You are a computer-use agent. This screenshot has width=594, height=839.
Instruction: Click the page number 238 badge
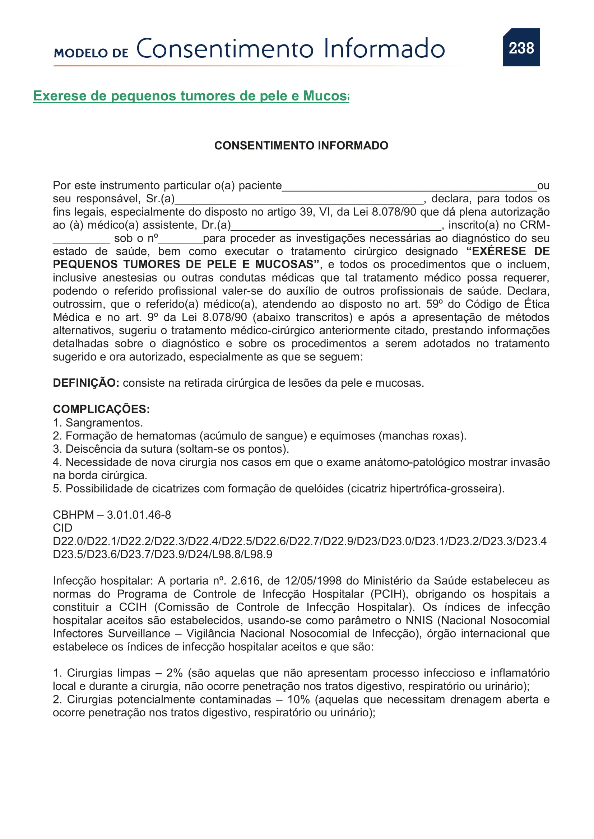coord(521,47)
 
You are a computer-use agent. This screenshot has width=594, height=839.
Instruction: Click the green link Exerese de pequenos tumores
coord(191,96)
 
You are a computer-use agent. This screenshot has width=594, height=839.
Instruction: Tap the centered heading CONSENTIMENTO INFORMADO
coord(301,145)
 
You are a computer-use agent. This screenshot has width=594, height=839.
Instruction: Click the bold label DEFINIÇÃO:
coord(86,383)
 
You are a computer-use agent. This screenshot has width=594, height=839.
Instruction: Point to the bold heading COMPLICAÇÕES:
coord(101,409)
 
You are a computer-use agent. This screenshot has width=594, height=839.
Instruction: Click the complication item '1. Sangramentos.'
coord(98,423)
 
